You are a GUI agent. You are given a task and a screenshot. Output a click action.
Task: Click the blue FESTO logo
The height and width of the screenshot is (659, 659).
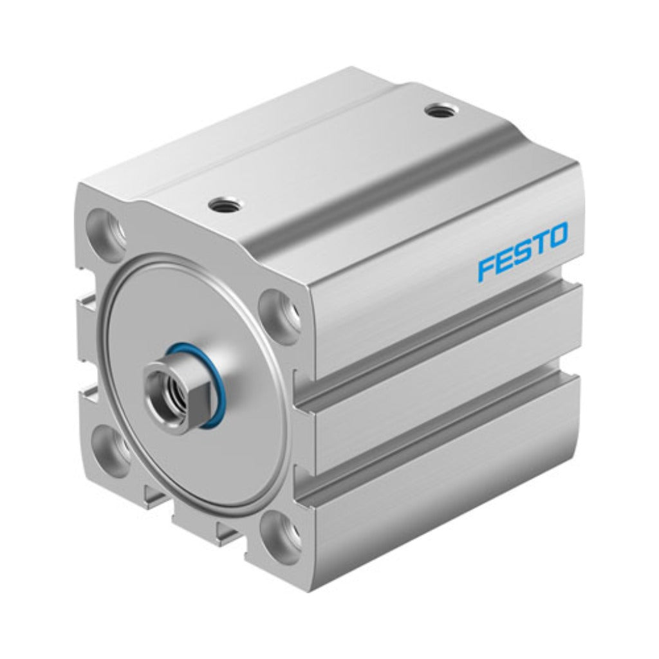point(523,252)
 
